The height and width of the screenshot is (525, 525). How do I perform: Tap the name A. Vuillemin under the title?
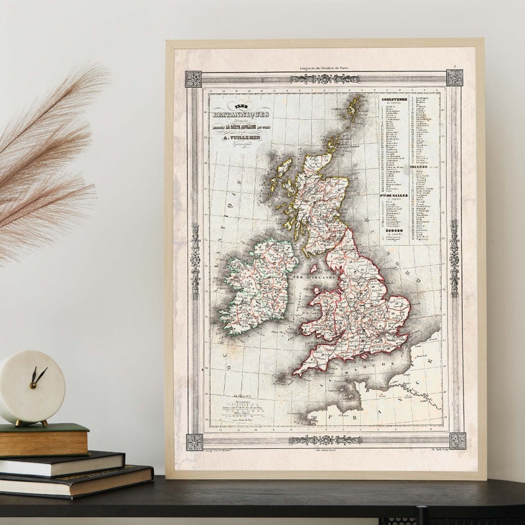pos(243,139)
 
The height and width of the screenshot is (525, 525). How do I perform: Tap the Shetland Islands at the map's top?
pos(354,106)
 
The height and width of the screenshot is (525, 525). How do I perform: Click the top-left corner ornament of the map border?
pos(193,79)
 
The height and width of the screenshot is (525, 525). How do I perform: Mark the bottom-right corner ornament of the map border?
pos(458,440)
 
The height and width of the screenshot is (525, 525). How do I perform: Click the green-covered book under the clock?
pos(45,439)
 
